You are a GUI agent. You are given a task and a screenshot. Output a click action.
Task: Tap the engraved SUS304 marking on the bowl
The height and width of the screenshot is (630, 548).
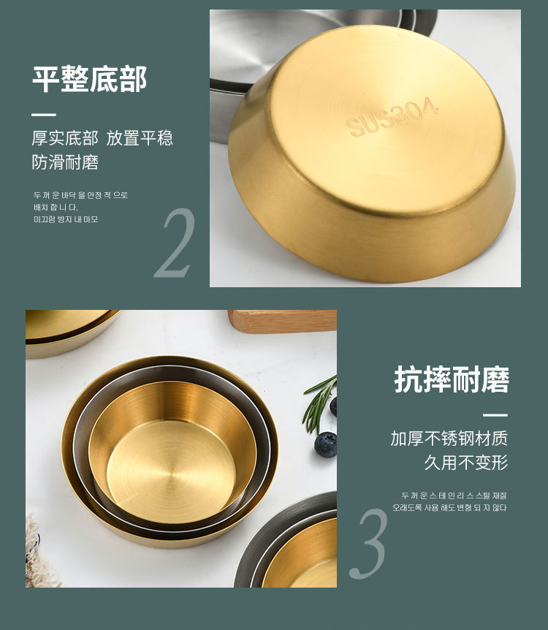393,117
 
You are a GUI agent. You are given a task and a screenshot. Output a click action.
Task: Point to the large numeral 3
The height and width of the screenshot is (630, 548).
368,544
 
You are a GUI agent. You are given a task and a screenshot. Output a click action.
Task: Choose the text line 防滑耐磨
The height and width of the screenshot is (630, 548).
65,162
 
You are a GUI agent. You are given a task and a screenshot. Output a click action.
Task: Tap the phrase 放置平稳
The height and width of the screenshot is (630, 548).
140,138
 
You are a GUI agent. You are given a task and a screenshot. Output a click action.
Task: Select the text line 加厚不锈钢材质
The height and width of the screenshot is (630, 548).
449,439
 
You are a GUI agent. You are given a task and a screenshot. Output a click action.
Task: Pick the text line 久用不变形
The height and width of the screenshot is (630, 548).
465,463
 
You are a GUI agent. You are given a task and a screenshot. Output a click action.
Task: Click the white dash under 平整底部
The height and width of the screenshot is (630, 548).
44,115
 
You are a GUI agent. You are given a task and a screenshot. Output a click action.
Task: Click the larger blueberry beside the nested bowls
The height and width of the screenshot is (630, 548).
326,444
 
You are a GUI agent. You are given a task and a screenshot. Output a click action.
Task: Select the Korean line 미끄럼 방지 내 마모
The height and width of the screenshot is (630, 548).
65,219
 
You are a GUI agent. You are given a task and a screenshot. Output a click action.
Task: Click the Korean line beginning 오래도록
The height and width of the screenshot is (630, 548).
449,508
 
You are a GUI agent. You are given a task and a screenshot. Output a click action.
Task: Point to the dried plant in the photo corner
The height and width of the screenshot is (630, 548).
40,555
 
